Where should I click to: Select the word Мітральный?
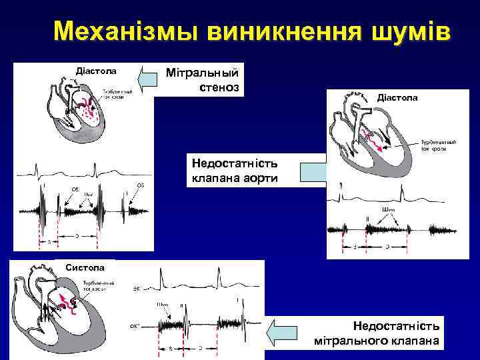pos(207,71)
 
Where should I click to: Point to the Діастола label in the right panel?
pos(397,97)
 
